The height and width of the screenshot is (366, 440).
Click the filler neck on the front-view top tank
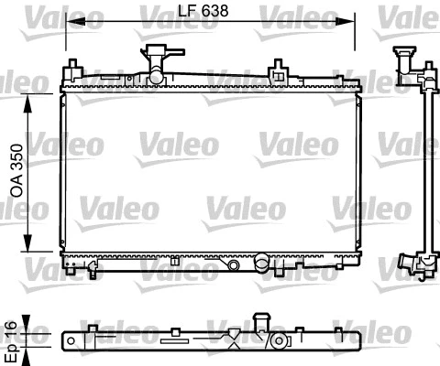click(152, 57)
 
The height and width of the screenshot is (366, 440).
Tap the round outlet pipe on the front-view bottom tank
click(263, 266)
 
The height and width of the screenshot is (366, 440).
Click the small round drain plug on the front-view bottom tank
click(235, 265)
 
